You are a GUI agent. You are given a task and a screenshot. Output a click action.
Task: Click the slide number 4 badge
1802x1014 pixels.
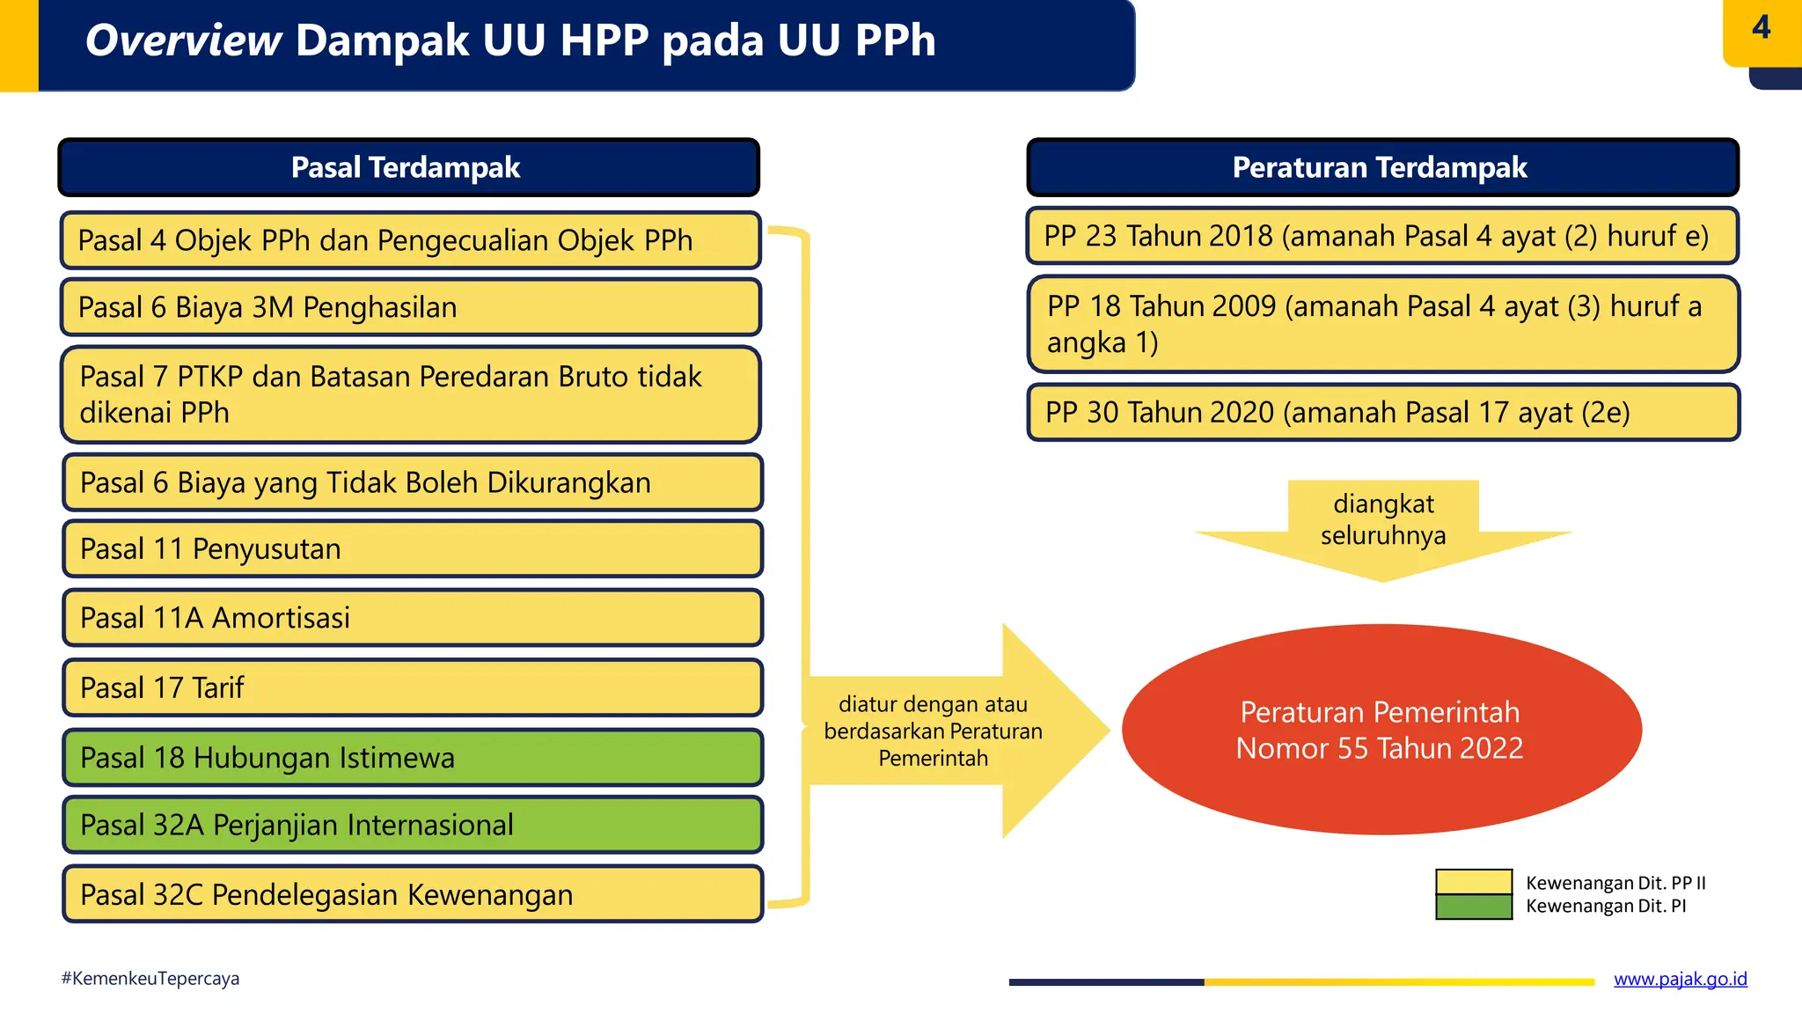point(1761,29)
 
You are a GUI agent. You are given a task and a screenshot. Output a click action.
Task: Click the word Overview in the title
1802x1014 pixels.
point(183,41)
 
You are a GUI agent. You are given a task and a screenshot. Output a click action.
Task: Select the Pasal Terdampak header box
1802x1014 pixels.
point(408,167)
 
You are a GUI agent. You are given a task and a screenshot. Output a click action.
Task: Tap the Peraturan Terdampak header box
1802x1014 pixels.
point(1382,167)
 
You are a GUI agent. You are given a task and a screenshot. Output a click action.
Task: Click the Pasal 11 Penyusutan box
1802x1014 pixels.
point(412,549)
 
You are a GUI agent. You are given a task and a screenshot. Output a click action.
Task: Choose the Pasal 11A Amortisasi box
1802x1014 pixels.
point(412,618)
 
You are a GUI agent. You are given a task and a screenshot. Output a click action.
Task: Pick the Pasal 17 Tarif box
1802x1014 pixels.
point(412,687)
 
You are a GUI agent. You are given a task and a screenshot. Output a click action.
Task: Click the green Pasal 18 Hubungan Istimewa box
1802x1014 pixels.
point(412,757)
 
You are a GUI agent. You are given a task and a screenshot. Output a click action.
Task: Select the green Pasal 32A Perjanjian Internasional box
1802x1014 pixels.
point(412,825)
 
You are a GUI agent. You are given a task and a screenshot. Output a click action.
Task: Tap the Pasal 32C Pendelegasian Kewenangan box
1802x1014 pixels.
point(412,894)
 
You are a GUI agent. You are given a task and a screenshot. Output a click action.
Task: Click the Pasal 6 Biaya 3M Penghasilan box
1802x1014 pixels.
point(410,307)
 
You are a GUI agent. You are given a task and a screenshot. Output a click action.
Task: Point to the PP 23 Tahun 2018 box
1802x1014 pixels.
point(1382,236)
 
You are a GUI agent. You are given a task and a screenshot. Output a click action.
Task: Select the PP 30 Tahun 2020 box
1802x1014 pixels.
point(1382,412)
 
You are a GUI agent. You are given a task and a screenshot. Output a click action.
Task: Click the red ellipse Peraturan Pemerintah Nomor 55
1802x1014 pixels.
point(1381,730)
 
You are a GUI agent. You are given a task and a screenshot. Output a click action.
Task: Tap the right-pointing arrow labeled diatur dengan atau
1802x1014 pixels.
point(950,731)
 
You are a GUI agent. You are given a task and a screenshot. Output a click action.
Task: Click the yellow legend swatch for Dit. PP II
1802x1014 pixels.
point(1473,882)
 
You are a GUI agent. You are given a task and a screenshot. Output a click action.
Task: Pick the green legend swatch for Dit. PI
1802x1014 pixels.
point(1473,907)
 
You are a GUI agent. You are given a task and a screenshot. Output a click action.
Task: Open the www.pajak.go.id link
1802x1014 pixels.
point(1680,979)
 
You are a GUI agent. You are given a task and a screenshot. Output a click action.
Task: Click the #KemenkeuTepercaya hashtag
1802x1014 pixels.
point(150,979)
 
